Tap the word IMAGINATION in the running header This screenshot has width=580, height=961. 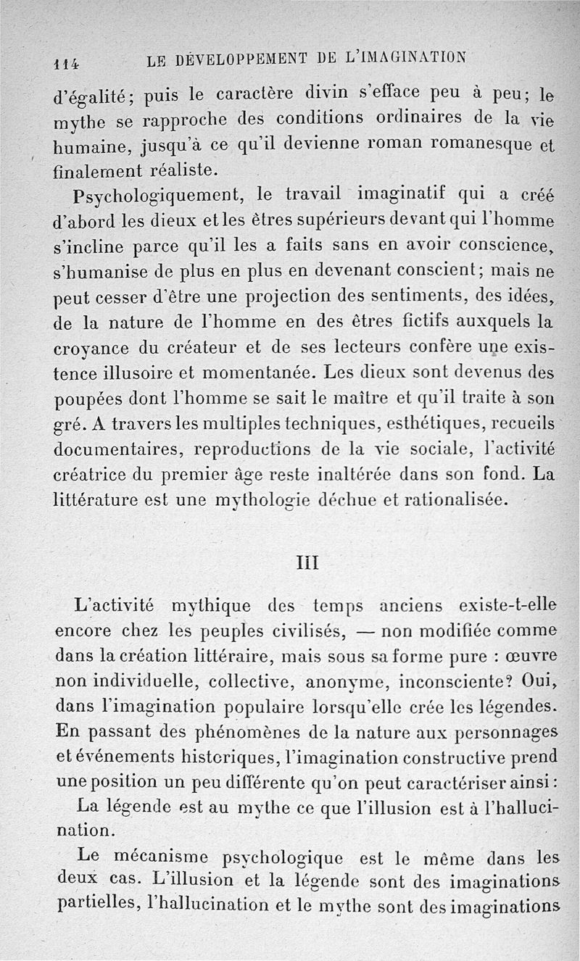pos(414,57)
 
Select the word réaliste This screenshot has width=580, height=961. pos(175,171)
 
